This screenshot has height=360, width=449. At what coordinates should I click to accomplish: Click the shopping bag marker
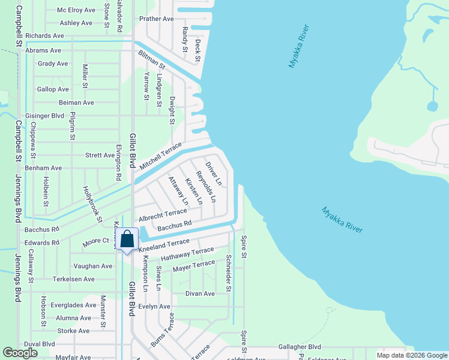pos(127,240)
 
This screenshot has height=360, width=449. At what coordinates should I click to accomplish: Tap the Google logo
pos(20,353)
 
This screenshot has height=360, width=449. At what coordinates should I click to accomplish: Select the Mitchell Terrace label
pos(160,155)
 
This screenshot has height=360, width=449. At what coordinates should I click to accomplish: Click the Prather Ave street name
pos(156,19)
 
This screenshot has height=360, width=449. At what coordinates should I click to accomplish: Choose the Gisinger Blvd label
pos(44,116)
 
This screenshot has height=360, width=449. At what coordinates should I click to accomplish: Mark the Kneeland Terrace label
pos(164,245)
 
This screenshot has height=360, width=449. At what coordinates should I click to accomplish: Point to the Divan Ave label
pos(200,293)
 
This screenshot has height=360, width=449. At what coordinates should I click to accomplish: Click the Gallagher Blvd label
pos(299,347)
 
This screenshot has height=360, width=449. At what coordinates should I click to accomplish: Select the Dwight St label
pos(172,110)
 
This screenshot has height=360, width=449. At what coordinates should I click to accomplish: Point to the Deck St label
pos(197,50)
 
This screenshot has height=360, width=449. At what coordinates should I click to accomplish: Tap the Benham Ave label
pos(43,168)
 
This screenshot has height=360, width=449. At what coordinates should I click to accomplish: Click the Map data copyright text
pos(411,355)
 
